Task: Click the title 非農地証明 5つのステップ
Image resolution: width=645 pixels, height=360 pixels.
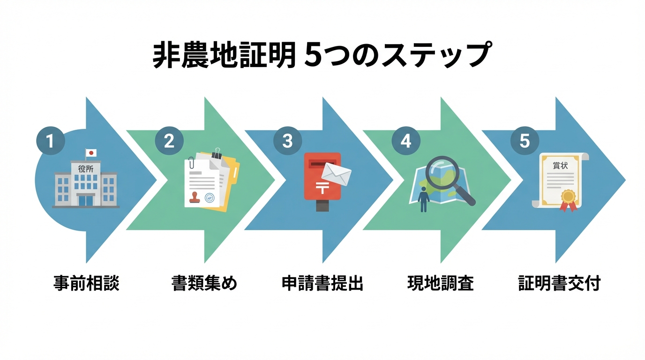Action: (x=322, y=55)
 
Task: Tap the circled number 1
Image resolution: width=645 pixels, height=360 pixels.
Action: (x=50, y=141)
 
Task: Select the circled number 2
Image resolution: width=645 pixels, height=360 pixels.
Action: (x=169, y=141)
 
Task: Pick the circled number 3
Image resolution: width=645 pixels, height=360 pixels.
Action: (x=287, y=141)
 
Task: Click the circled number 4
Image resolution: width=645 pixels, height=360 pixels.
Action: (x=406, y=141)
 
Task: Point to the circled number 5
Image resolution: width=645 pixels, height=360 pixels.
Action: (x=525, y=141)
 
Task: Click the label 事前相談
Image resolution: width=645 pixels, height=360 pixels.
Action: (x=86, y=284)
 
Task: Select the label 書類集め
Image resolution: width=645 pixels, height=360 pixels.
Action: (x=204, y=284)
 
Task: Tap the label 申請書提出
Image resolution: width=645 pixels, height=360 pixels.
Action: (x=322, y=284)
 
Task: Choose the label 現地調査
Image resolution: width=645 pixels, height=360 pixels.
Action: (x=441, y=284)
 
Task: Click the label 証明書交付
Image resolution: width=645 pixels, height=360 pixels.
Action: (x=559, y=284)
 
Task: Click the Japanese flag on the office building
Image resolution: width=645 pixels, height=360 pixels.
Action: (x=91, y=153)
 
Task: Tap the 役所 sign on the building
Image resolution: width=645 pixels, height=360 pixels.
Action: (x=86, y=168)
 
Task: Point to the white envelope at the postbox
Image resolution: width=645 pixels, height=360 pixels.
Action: (x=337, y=174)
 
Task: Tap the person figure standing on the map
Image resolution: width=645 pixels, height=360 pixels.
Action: (x=424, y=198)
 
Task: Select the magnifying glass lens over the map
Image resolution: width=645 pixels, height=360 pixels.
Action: (x=441, y=172)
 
